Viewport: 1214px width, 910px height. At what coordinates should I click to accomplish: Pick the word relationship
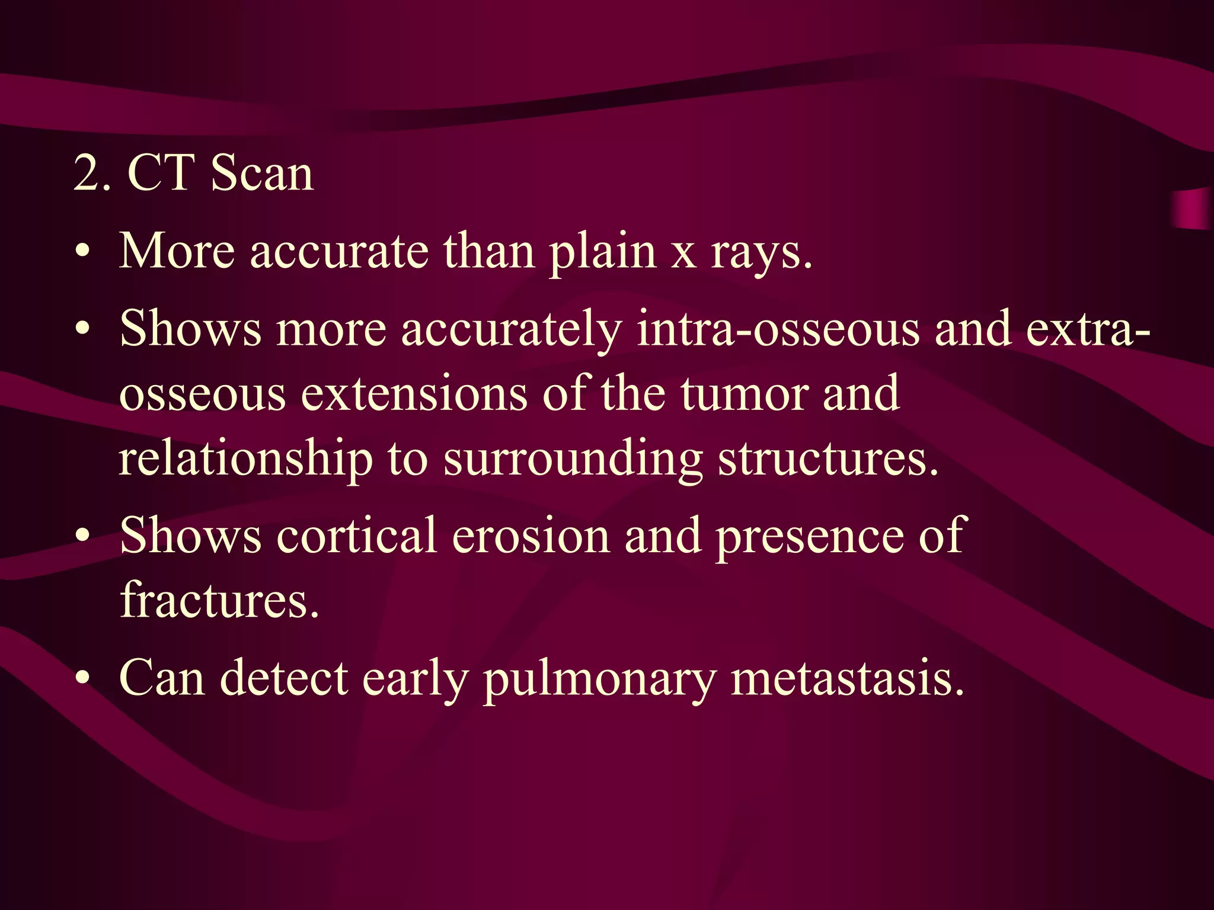click(x=245, y=460)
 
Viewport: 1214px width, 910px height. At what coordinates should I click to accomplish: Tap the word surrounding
click(x=573, y=460)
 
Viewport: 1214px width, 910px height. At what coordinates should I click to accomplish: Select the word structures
click(x=828, y=459)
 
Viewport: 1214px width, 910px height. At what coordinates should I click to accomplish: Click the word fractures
click(x=219, y=600)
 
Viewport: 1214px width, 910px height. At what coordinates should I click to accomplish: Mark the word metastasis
click(x=848, y=678)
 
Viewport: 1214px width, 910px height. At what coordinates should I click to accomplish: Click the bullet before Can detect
click(x=84, y=678)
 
